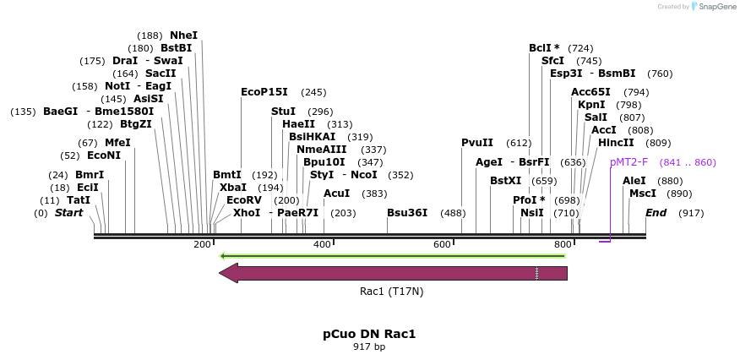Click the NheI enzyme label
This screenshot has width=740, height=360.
tap(183, 35)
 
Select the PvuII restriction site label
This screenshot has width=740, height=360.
tap(477, 143)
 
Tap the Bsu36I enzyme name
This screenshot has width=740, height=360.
tap(407, 213)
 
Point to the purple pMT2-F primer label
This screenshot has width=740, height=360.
tap(629, 162)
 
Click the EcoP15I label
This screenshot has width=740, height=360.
tap(264, 92)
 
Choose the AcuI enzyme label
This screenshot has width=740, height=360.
tap(337, 194)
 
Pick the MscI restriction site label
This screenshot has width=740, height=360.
tap(643, 194)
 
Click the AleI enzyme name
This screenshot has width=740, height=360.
tap(634, 181)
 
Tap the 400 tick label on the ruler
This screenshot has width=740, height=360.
tap(322, 245)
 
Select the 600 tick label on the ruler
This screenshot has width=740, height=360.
tap(442, 245)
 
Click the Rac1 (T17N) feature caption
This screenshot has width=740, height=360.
tap(391, 292)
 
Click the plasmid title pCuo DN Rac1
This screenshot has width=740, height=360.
tap(369, 334)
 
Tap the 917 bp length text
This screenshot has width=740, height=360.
tap(369, 346)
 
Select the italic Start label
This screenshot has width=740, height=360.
tap(69, 213)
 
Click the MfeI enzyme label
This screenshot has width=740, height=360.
tap(117, 143)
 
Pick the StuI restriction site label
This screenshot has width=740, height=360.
tap(283, 112)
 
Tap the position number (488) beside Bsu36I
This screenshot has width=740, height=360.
tap(453, 213)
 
